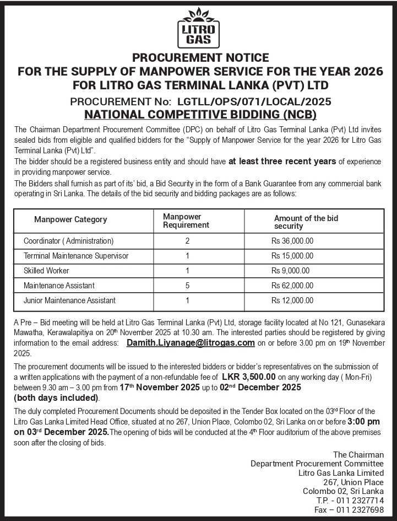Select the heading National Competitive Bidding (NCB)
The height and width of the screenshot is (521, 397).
click(199, 115)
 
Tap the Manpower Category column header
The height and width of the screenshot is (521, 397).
click(70, 219)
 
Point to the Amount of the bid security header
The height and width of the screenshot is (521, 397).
click(306, 222)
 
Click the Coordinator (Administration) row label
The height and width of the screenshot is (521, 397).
click(68, 241)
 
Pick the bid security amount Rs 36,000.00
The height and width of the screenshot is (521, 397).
click(292, 241)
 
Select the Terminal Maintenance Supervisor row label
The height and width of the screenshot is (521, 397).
click(76, 256)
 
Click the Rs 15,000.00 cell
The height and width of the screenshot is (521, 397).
click(292, 256)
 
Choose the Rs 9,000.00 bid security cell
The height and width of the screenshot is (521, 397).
click(290, 271)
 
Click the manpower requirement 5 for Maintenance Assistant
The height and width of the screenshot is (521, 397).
click(188, 286)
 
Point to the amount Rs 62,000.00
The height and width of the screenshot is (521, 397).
click(292, 286)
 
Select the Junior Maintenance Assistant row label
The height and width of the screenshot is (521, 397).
click(69, 300)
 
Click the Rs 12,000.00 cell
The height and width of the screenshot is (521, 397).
click(292, 300)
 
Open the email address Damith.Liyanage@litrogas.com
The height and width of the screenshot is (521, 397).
click(191, 342)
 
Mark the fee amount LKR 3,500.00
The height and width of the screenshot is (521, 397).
click(248, 376)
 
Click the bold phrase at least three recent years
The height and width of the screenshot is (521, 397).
click(282, 162)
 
